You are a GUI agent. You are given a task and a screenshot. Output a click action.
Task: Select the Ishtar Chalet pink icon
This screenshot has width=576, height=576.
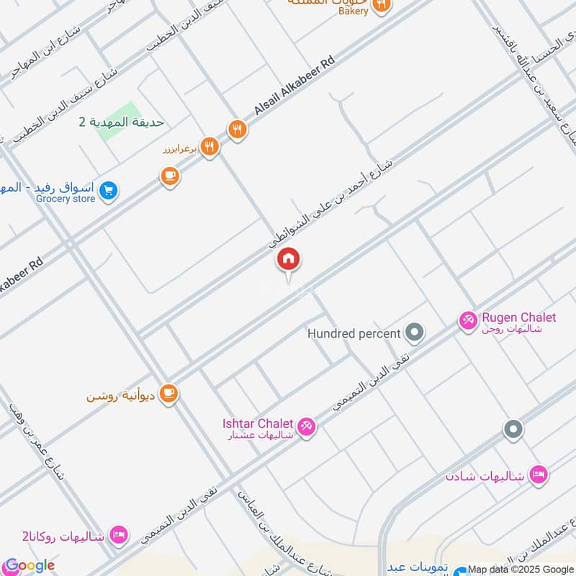pos(307,427)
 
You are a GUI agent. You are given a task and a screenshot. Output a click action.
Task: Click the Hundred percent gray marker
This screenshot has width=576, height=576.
pos(414,333)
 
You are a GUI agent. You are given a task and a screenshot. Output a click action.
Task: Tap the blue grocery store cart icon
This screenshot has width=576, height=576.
pos(109,191)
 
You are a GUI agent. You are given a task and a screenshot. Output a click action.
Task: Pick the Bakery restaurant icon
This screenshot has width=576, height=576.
pos(382,5)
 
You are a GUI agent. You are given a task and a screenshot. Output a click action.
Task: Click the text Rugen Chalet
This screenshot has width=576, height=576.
pos(518,317)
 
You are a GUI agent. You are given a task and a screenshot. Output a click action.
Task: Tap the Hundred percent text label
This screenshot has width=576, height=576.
pos(354,334)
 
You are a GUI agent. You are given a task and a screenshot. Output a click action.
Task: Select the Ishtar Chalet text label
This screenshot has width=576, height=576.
pos(258,423)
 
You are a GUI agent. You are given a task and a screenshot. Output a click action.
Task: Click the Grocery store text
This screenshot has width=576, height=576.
pos(65,199)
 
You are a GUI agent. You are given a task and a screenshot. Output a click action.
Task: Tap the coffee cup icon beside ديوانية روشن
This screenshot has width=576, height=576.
pos(169,394)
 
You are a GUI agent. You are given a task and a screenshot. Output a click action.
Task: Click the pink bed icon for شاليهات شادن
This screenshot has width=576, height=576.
pos(537,474)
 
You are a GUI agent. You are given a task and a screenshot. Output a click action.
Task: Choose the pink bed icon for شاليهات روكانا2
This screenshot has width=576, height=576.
pos(120,535)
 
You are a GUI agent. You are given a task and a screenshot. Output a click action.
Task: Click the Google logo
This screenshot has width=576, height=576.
pos(30,565)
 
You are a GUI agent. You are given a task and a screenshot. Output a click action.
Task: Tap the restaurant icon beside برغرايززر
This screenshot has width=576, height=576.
pos(210,148)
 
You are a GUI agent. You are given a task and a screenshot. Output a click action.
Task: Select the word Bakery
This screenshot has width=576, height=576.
pos(354,11)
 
